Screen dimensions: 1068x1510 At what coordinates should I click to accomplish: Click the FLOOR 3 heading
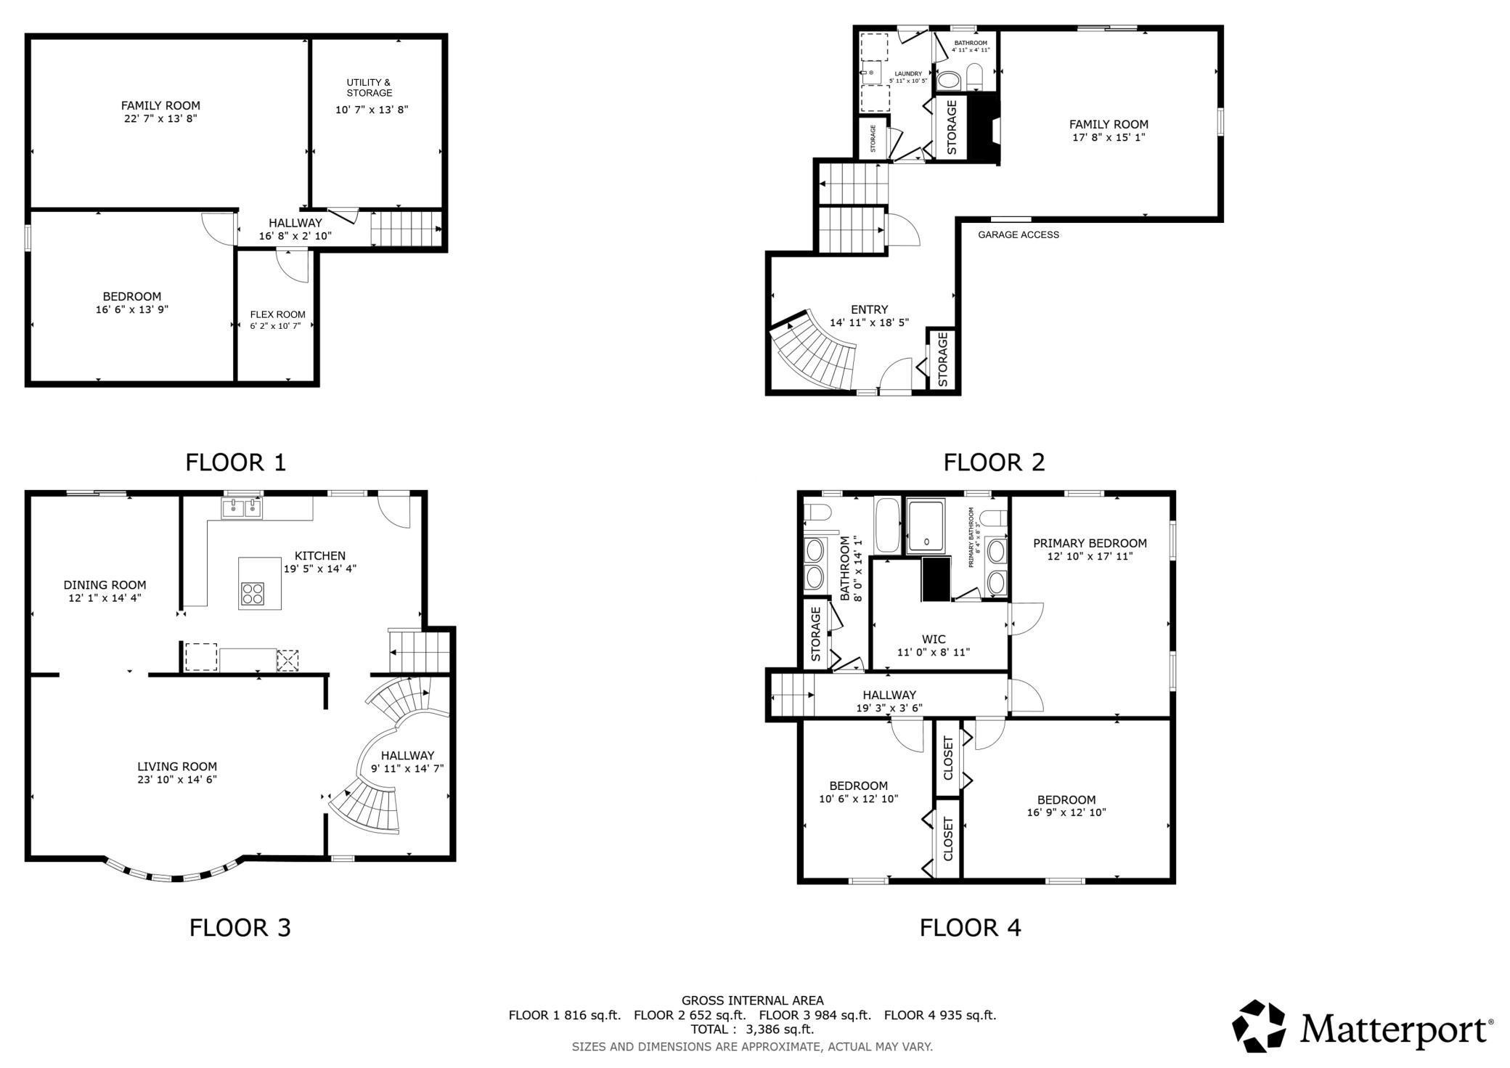(x=240, y=927)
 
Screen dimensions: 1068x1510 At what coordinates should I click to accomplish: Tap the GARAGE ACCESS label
(x=1018, y=235)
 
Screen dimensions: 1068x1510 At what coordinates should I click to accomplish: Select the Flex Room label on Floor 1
(x=277, y=314)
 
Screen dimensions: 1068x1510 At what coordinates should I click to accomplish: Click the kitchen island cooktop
(x=252, y=593)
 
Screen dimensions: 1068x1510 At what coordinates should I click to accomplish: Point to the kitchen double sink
(x=242, y=508)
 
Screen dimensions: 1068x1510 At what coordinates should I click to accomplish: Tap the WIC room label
(x=934, y=640)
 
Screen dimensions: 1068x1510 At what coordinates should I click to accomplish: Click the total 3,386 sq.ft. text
(x=752, y=1029)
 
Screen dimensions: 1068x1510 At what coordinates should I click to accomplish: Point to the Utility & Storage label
(x=369, y=87)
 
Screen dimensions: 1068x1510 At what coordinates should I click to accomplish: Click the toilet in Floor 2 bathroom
(x=975, y=76)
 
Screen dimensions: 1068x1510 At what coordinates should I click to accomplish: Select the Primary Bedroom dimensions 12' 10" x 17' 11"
(x=1090, y=556)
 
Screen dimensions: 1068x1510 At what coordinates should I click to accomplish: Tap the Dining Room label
(x=105, y=584)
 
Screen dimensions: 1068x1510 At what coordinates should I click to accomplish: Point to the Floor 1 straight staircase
(x=405, y=228)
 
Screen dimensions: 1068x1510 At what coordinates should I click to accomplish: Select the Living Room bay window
(x=173, y=873)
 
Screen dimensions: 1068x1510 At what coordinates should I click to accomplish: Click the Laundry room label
(x=908, y=73)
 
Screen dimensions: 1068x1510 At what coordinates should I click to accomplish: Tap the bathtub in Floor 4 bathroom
(x=887, y=524)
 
